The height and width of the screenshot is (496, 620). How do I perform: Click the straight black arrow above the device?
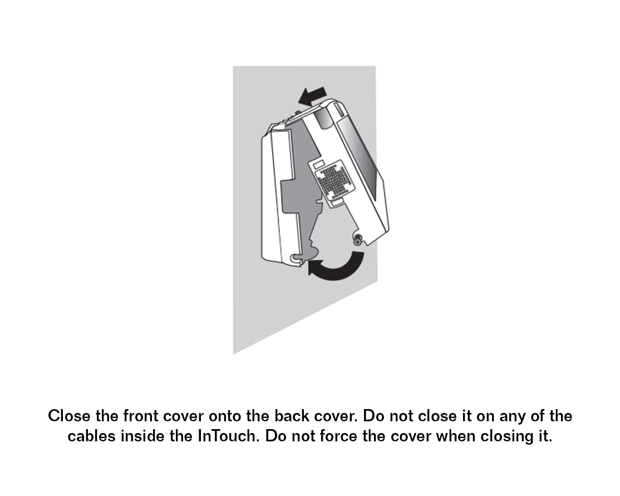click(312, 96)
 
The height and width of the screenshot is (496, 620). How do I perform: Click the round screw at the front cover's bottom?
click(358, 240)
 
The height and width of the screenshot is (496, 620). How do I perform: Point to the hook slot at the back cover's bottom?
click(296, 258)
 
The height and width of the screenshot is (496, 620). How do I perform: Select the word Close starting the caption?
click(69, 416)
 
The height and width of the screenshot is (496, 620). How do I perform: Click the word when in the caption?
click(456, 436)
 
